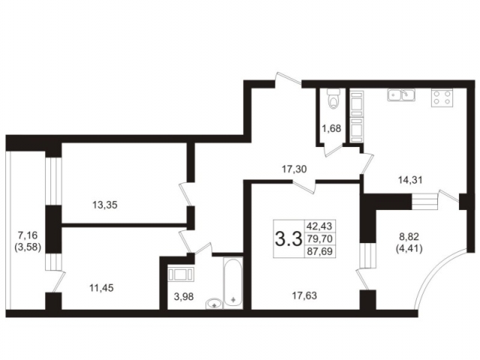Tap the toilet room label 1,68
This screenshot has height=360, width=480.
pyautogui.click(x=331, y=128)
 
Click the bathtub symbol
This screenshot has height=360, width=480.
pyautogui.click(x=232, y=281)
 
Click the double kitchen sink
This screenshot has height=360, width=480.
pyautogui.click(x=400, y=94)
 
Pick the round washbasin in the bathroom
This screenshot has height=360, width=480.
pyautogui.click(x=215, y=302)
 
